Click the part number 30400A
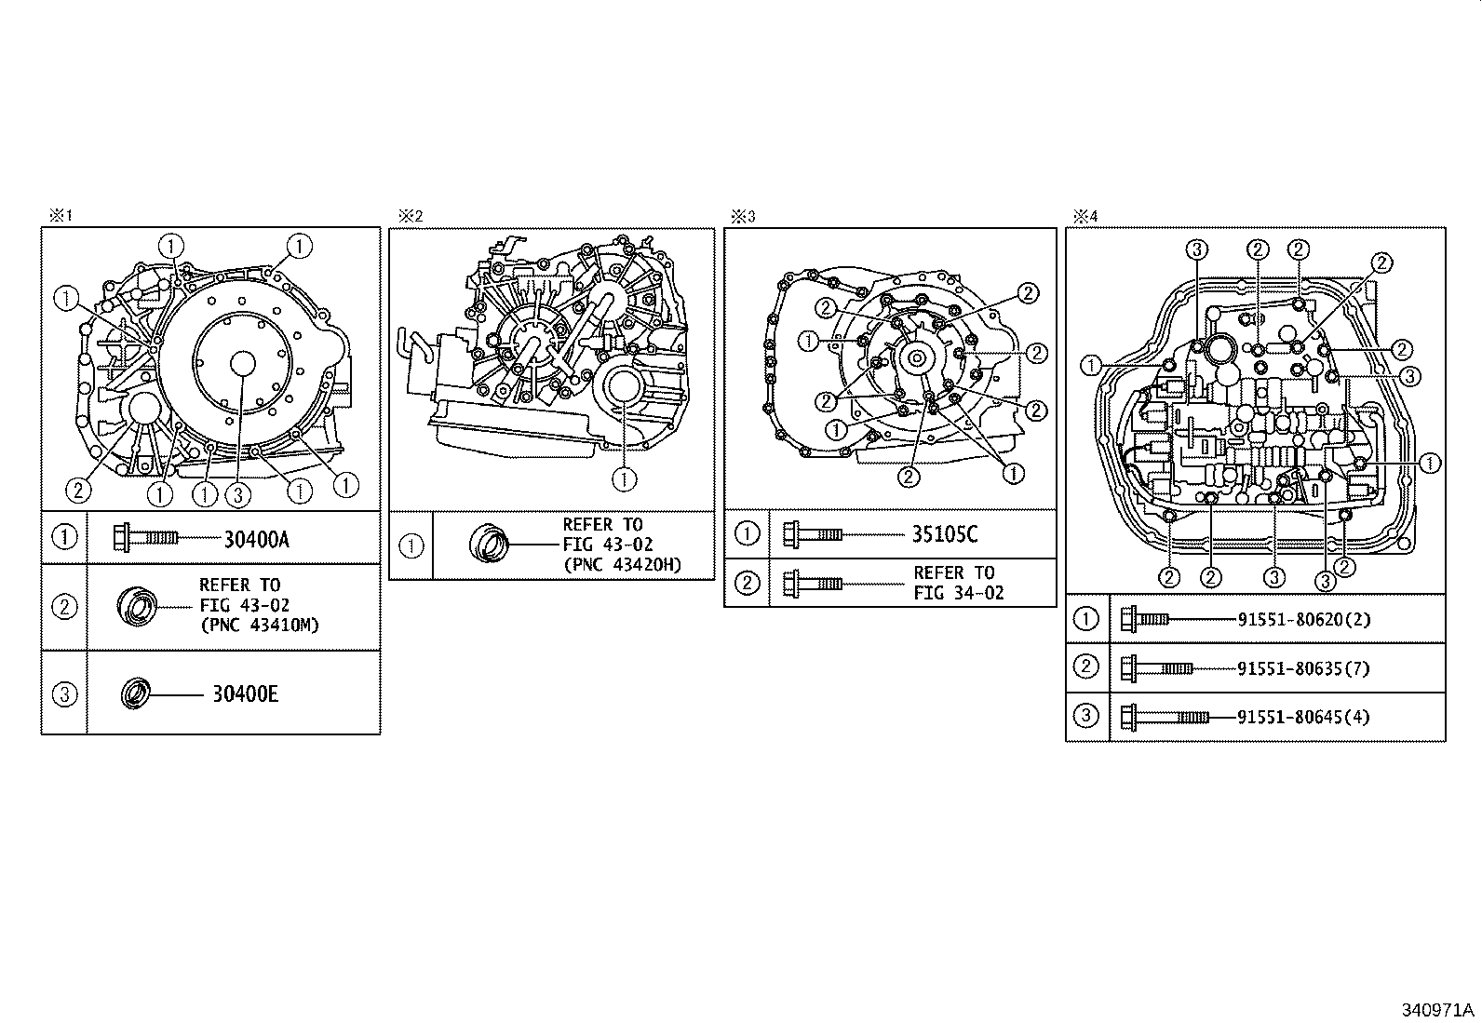pyautogui.click(x=256, y=539)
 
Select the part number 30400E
pyautogui.click(x=245, y=694)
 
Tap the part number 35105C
pyautogui.click(x=944, y=534)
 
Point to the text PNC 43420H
pyautogui.click(x=622, y=564)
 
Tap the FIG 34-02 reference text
pyautogui.click(x=959, y=593)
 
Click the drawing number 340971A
pyautogui.click(x=1439, y=1010)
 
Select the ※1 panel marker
pyautogui.click(x=61, y=216)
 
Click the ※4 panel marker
pyautogui.click(x=1085, y=216)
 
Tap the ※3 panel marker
pyautogui.click(x=742, y=216)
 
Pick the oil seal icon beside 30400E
pyautogui.click(x=136, y=694)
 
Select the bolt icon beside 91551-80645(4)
pyautogui.click(x=1165, y=717)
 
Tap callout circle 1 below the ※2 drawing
pyautogui.click(x=625, y=478)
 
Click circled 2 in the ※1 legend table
pyautogui.click(x=64, y=607)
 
